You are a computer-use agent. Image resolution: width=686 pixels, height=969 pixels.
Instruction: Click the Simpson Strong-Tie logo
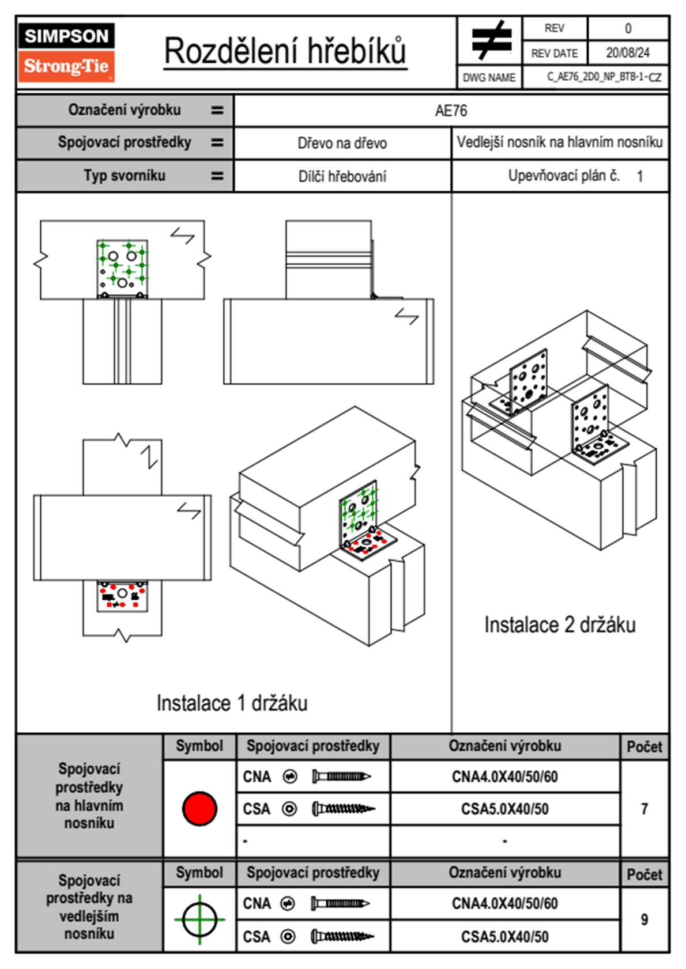point(66,52)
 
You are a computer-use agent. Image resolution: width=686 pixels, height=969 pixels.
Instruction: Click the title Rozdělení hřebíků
point(285,51)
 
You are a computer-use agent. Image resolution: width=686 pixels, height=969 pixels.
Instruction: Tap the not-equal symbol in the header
point(491,40)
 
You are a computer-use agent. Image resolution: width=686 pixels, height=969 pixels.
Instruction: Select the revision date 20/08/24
point(627,53)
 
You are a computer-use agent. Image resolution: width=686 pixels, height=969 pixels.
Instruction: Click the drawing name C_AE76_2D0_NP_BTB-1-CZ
point(604,77)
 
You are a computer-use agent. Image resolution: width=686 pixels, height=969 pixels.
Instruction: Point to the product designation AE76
point(451,111)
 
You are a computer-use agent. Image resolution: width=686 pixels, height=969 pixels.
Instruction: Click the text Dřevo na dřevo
point(342,143)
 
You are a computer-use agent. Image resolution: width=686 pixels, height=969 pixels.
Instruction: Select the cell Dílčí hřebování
point(342,176)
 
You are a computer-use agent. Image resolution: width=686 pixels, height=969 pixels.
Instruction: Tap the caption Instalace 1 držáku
point(232,703)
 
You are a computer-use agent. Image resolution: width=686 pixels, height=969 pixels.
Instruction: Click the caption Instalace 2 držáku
point(560,625)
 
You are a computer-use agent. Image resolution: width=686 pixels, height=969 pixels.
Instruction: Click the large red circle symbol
point(199,808)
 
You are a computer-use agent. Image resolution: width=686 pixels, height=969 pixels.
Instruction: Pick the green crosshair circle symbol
point(199,919)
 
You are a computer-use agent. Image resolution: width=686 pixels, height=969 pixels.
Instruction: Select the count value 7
point(644,809)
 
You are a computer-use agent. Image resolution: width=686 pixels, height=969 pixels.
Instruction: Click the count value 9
point(644,919)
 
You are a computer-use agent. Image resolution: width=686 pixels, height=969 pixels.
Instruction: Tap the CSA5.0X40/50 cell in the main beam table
point(504,809)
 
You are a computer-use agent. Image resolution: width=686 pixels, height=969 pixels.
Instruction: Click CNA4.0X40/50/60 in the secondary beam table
point(504,903)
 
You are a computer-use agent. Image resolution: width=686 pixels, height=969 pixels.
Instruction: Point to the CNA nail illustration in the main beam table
point(341,777)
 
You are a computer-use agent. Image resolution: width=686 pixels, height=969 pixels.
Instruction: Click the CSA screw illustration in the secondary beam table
point(342,937)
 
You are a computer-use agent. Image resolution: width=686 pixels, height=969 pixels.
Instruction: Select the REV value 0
point(628,28)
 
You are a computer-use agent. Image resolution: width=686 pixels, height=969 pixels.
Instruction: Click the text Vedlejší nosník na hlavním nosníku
point(560,142)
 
